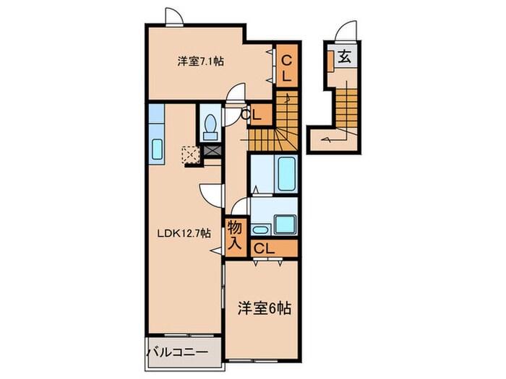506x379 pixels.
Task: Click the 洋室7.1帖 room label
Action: (200, 62)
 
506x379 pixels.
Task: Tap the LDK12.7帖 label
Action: (185, 232)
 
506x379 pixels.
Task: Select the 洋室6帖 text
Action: (265, 308)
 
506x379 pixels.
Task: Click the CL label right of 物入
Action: (265, 248)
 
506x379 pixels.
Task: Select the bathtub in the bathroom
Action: (274, 173)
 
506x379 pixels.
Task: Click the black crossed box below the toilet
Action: (213, 151)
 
